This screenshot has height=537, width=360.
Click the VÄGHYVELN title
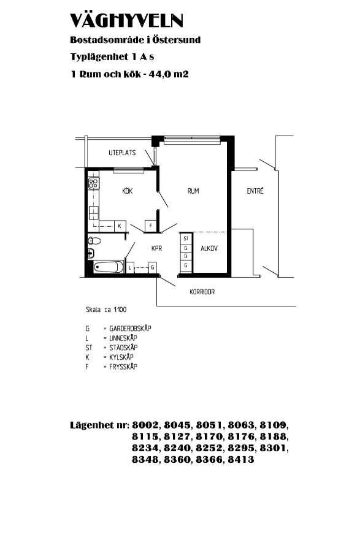126,21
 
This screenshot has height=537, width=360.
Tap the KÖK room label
128,191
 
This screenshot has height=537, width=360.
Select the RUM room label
194,191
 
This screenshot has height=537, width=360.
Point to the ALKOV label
209,248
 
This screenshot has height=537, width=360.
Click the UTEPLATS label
122,153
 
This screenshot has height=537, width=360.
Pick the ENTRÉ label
255,191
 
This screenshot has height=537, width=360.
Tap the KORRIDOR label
202,292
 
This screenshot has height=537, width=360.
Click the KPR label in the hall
156,248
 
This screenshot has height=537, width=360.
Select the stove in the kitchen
93,183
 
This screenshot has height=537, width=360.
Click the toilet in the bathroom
94,241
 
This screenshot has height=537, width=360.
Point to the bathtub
108,267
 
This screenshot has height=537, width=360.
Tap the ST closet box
186,238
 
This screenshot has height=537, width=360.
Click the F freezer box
151,226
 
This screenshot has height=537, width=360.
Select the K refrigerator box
120,226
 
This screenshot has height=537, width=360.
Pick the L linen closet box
130,267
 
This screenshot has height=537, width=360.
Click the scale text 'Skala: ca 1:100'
106,310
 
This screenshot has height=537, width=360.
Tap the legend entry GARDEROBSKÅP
130,329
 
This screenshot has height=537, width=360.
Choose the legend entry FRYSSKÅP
123,367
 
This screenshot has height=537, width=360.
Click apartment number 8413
241,460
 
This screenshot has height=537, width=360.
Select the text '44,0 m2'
168,74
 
